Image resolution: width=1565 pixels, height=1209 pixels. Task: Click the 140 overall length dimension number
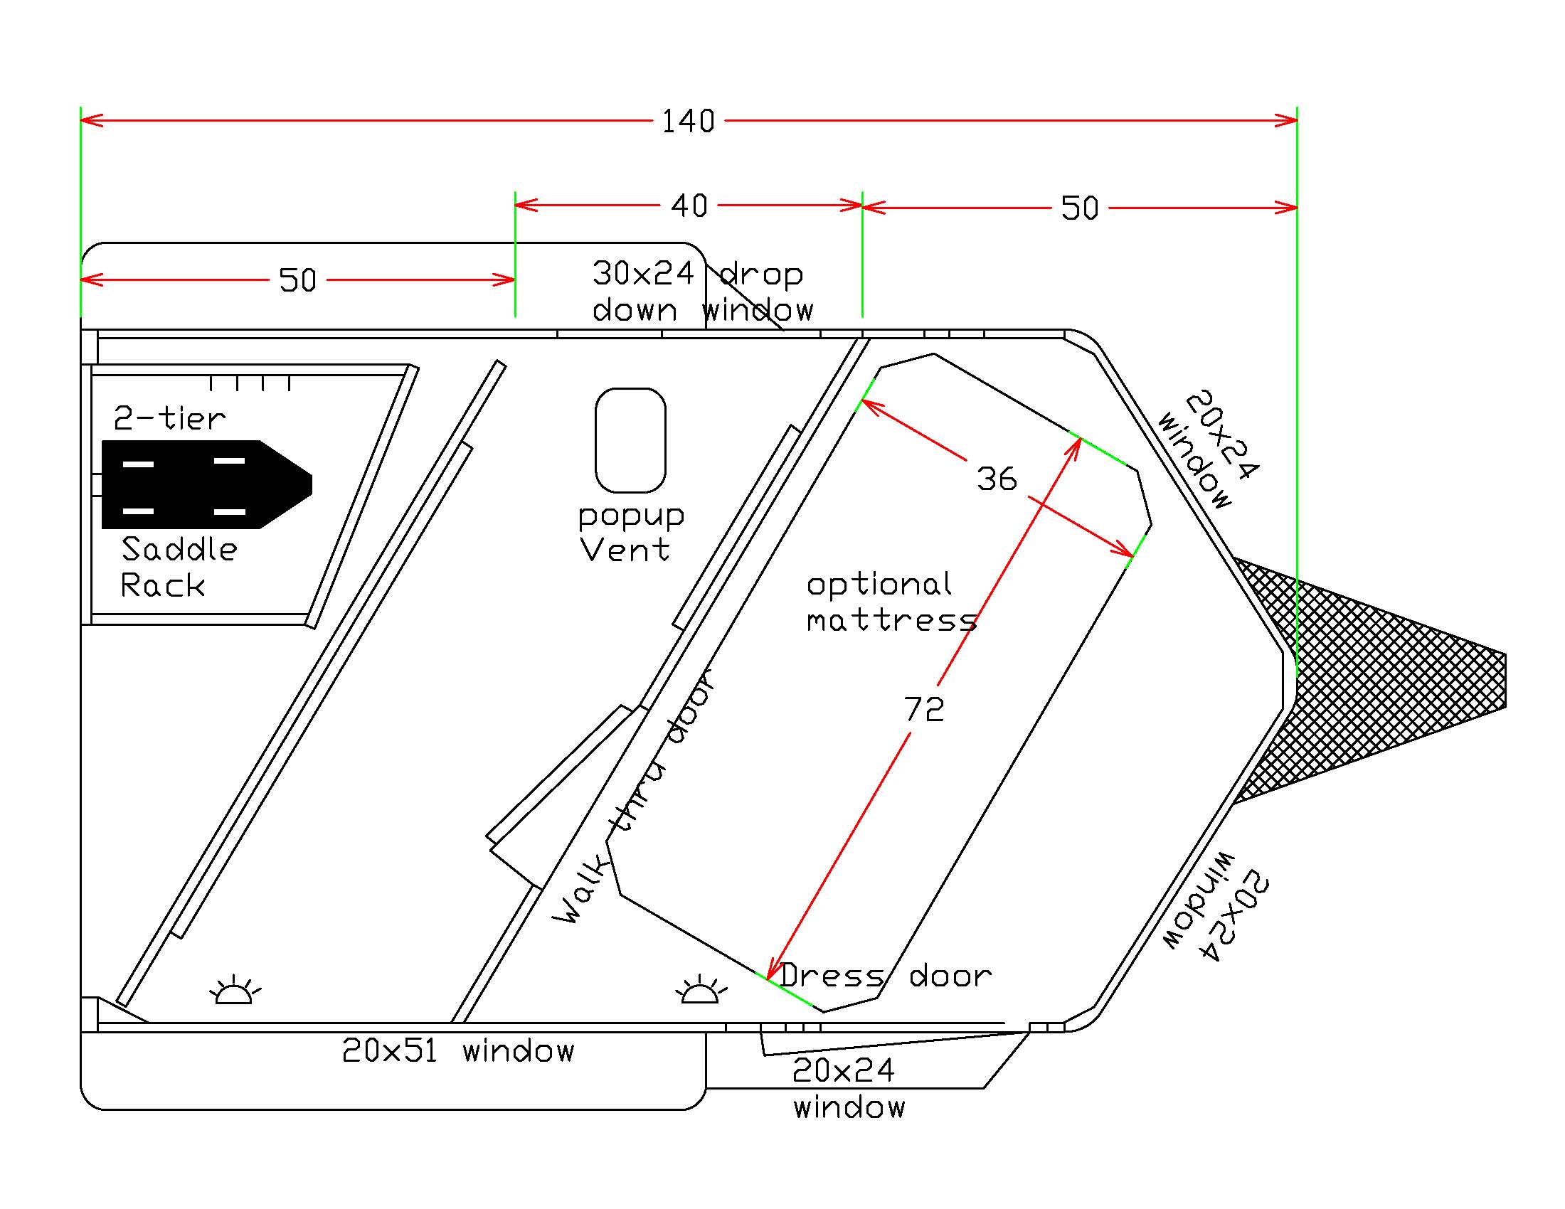[x=688, y=122]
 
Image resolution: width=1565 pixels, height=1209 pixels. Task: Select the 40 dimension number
[x=689, y=206]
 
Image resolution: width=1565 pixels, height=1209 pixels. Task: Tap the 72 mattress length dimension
[x=923, y=709]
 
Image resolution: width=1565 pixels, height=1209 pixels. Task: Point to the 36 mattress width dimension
[x=997, y=479]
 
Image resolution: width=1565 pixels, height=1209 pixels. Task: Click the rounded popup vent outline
[x=630, y=440]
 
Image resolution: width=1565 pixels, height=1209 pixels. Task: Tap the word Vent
[x=625, y=550]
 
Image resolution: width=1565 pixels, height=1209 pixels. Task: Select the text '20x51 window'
[x=458, y=1050]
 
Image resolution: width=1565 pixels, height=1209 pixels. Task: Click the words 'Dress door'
[x=885, y=976]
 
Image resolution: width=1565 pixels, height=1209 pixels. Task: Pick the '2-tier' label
[x=170, y=418]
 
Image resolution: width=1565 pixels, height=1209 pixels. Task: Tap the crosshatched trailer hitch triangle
[x=1376, y=681]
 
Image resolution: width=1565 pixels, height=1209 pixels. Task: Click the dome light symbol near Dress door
[x=700, y=991]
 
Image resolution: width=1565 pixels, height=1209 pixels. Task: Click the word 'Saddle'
[x=179, y=549]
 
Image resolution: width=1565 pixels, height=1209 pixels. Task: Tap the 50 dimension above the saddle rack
[x=297, y=280]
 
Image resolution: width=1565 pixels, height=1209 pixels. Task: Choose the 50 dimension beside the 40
[x=1079, y=208]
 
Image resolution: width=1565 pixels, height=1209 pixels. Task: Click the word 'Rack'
[x=163, y=586]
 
